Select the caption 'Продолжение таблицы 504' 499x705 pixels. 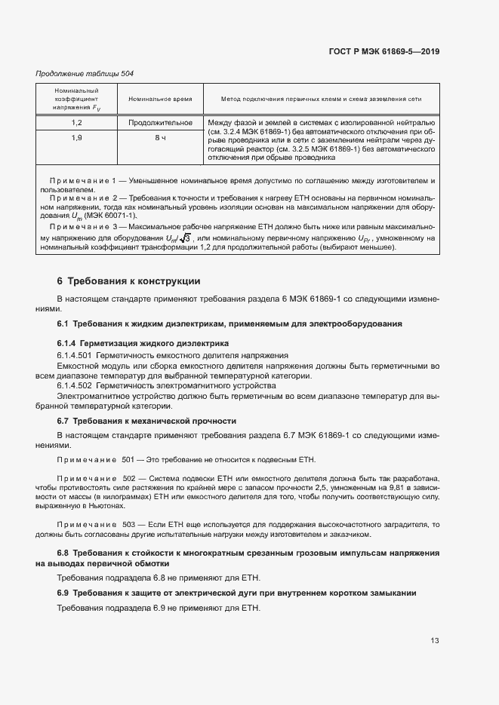[84, 73]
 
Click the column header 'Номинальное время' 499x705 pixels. [160, 99]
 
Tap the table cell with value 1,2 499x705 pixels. [77, 122]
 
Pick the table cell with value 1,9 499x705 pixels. [77, 138]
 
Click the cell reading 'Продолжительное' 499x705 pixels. [160, 122]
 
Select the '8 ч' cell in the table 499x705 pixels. [160, 138]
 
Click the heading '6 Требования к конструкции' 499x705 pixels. [128, 281]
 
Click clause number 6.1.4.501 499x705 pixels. [74, 354]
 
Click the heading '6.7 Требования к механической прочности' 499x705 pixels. [146, 421]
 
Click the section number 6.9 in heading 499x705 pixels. [63, 593]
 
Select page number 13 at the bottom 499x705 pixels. [435, 641]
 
